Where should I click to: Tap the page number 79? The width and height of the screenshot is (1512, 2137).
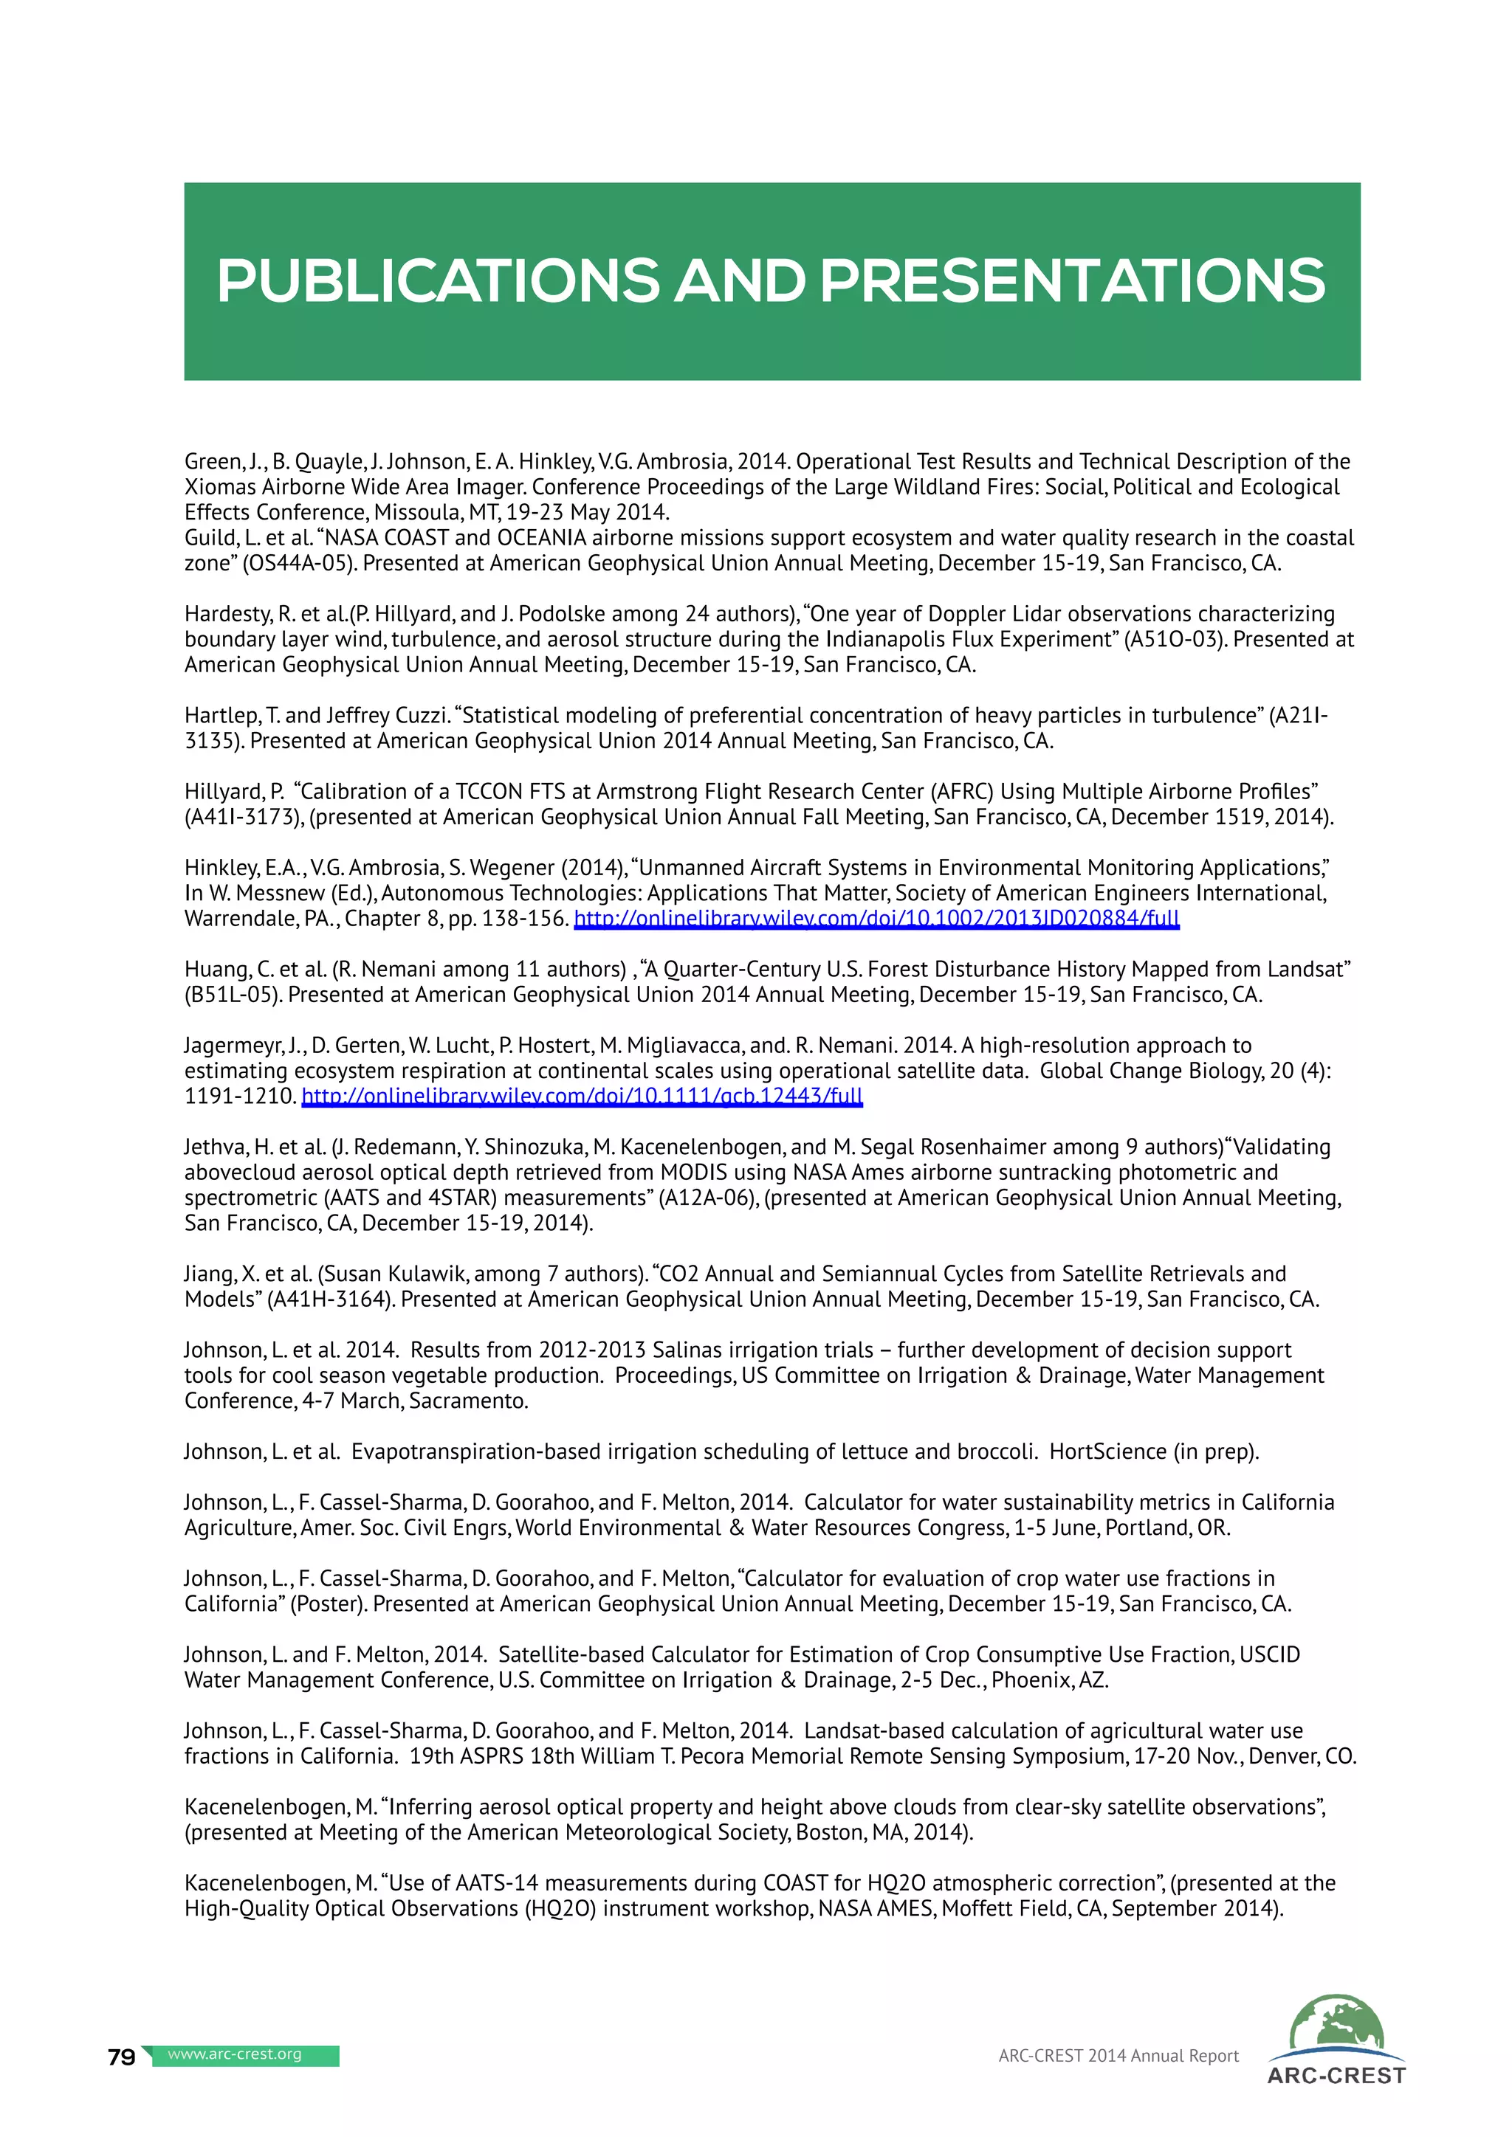[x=122, y=2057]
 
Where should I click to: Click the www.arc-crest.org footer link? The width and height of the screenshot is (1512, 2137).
[x=235, y=2054]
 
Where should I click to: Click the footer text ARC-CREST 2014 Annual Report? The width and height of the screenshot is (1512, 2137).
[x=1118, y=2056]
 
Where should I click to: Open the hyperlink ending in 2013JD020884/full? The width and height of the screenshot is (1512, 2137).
[x=876, y=919]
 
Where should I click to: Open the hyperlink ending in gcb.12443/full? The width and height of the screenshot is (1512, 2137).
[x=582, y=1097]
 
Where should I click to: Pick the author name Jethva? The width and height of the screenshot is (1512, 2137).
[x=213, y=1147]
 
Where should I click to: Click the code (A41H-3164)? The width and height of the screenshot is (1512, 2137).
[x=329, y=1299]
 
